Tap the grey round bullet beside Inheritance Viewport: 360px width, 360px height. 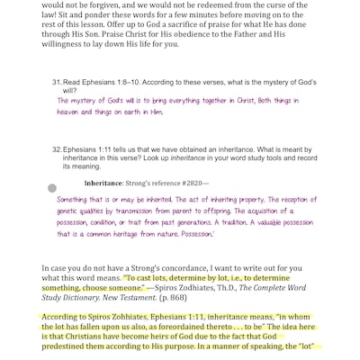pyautogui.click(x=51, y=187)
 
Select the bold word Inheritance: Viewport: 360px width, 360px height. pyautogui.click(x=103, y=184)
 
